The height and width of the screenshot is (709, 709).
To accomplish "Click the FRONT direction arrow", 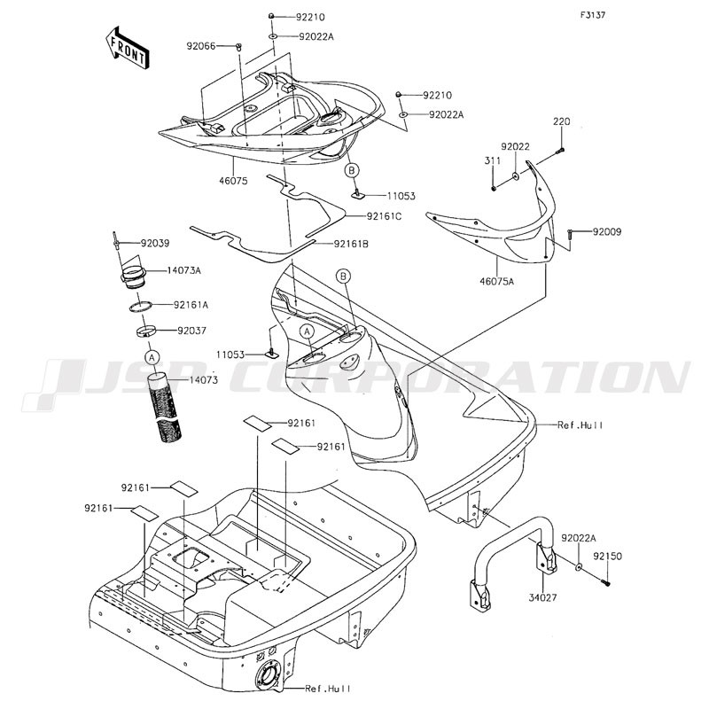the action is pyautogui.click(x=127, y=48).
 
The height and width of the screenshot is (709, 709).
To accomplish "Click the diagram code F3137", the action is pyautogui.click(x=593, y=15).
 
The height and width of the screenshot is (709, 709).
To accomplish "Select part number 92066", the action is pyautogui.click(x=201, y=46).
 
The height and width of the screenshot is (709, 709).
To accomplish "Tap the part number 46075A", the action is pyautogui.click(x=497, y=281).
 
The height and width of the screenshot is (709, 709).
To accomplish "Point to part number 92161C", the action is pyautogui.click(x=384, y=216).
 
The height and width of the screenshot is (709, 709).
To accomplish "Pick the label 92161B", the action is pyautogui.click(x=351, y=245).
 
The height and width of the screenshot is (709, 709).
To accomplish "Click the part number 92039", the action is pyautogui.click(x=155, y=243).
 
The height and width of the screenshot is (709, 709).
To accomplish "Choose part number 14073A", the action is pyautogui.click(x=184, y=271).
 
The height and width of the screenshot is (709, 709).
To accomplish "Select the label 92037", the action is pyautogui.click(x=191, y=331).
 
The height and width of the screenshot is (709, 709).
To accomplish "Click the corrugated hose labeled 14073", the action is pyautogui.click(x=166, y=408).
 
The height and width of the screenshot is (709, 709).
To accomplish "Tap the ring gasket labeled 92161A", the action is pyautogui.click(x=140, y=307).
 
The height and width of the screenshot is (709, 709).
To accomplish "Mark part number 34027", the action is pyautogui.click(x=542, y=597).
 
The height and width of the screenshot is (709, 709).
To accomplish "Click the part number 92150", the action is pyautogui.click(x=608, y=557).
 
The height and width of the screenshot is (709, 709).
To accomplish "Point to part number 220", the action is pyautogui.click(x=561, y=121).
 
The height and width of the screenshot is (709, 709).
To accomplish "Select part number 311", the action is pyautogui.click(x=493, y=160).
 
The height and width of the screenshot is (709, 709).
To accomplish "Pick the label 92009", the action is pyautogui.click(x=607, y=232).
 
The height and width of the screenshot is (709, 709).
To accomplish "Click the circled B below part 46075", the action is pyautogui.click(x=352, y=170).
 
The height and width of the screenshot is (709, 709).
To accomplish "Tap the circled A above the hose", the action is pyautogui.click(x=152, y=357).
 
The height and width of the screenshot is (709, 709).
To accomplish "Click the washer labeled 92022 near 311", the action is pyautogui.click(x=516, y=175).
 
